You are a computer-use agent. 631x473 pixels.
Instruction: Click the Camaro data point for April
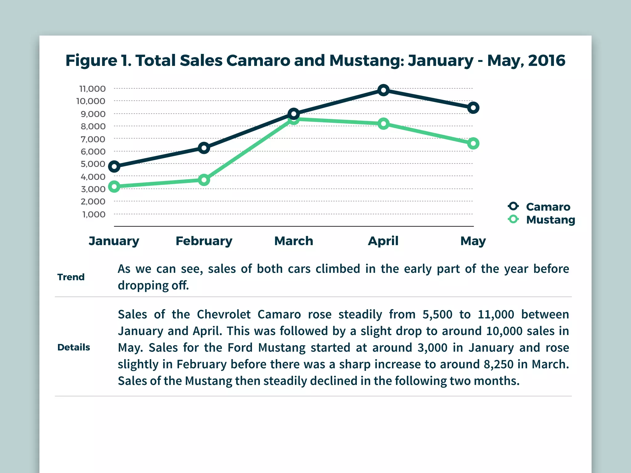click(383, 90)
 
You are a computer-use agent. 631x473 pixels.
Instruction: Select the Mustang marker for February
click(204, 180)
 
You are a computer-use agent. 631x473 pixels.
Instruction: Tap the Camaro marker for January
click(114, 167)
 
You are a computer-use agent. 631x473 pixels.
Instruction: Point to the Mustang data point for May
click(473, 144)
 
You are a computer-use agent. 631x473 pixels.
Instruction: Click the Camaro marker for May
click(473, 108)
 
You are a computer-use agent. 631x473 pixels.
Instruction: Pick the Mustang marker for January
click(114, 187)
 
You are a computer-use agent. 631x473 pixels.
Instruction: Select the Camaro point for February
click(204, 148)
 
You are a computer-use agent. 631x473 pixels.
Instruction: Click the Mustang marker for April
click(383, 124)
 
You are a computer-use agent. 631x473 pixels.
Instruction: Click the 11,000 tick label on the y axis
click(92, 89)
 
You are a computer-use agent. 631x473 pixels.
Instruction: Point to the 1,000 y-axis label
click(94, 215)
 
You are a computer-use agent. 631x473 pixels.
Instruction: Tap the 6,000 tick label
click(93, 152)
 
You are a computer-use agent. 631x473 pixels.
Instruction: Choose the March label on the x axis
click(294, 241)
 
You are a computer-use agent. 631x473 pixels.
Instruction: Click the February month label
click(204, 241)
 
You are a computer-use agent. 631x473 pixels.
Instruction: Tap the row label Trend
click(71, 277)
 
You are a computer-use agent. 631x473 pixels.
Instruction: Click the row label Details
click(74, 347)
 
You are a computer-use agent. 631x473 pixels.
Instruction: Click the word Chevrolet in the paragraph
click(224, 314)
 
